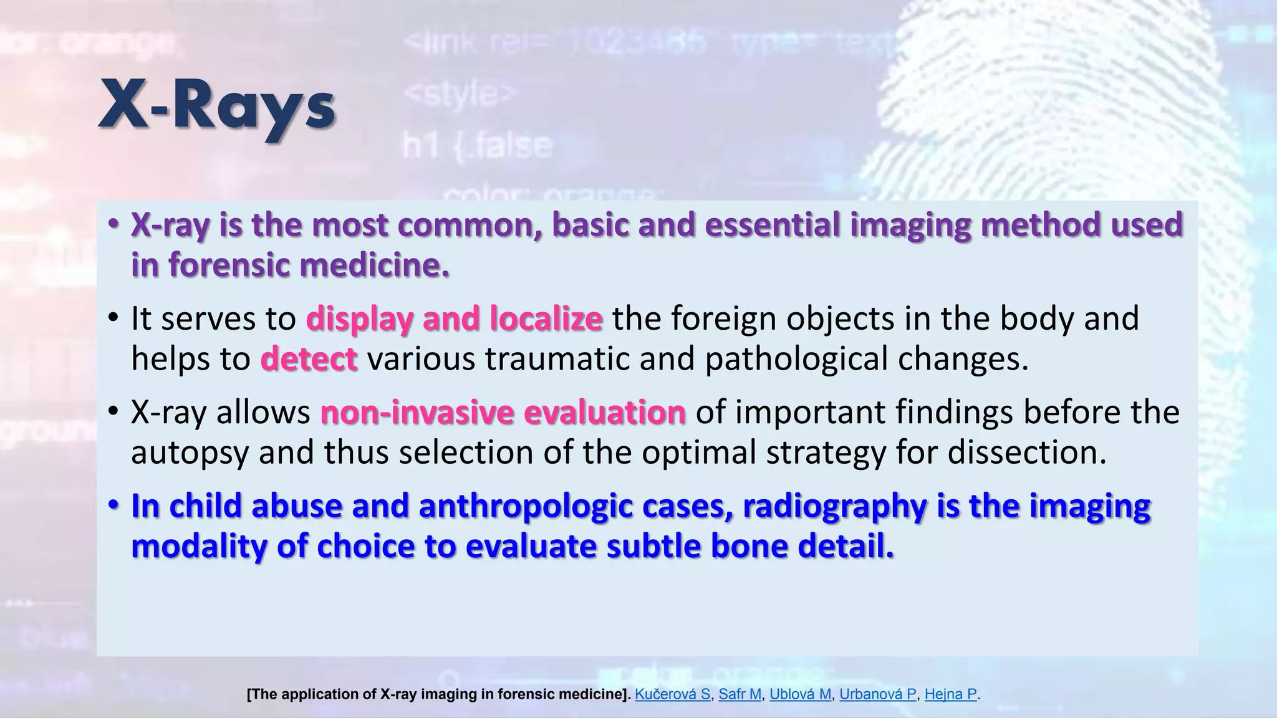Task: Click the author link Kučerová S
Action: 672,694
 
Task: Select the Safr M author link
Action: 740,694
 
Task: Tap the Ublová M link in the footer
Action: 800,694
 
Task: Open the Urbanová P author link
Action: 877,694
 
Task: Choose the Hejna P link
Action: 950,694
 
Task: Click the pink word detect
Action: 309,360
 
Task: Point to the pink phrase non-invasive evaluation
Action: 503,413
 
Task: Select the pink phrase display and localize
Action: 454,318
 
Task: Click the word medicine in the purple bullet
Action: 374,265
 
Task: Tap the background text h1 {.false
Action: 478,146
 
